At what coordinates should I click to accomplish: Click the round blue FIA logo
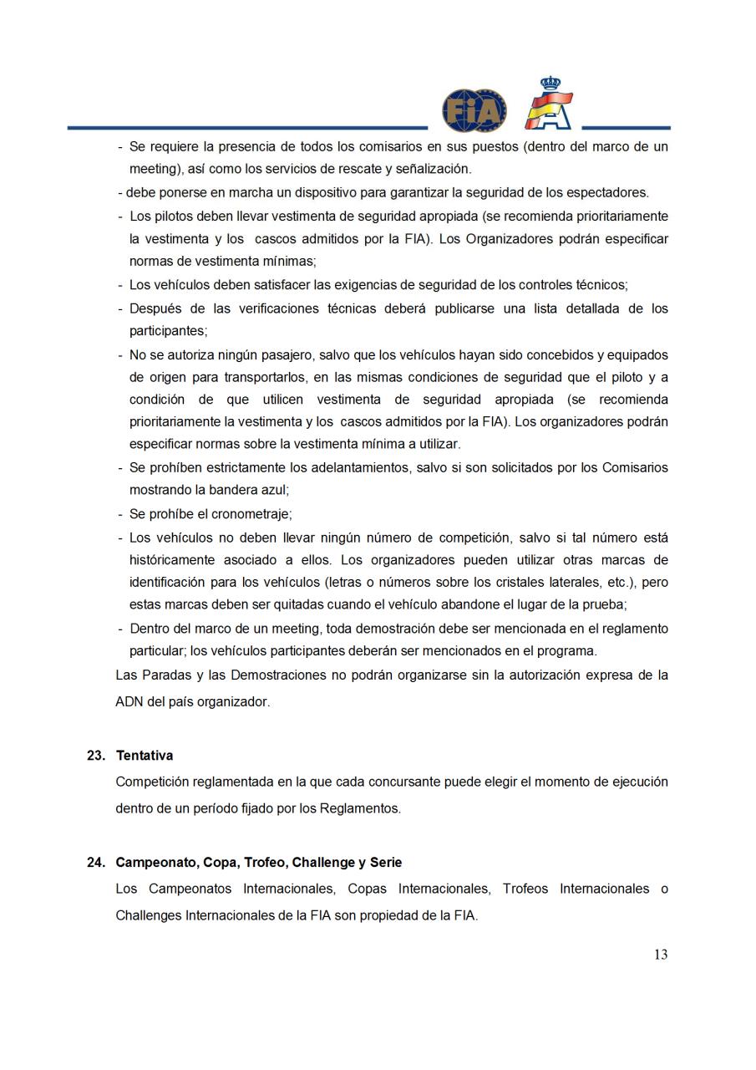point(474,110)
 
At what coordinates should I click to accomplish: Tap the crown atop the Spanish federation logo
point(550,84)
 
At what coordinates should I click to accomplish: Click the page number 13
point(660,955)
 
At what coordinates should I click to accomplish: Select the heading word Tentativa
point(145,756)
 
